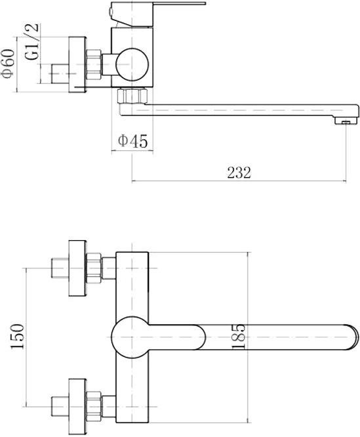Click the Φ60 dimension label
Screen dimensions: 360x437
click(9, 64)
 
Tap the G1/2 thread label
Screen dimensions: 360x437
click(31, 41)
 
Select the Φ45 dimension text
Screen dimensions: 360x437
click(132, 141)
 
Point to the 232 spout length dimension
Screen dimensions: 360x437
click(239, 173)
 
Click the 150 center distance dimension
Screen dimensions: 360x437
click(17, 337)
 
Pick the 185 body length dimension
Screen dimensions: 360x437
click(239, 337)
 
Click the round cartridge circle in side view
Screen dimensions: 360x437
click(132, 65)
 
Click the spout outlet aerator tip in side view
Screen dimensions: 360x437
click(345, 120)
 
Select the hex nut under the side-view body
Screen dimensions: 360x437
click(132, 96)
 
